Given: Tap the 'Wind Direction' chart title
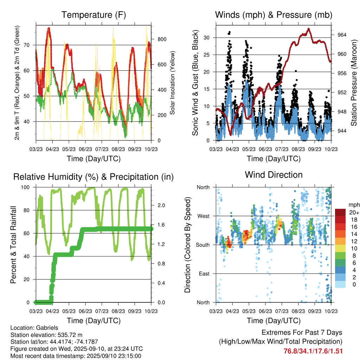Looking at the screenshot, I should [x=274, y=174].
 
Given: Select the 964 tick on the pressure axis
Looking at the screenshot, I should [x=342, y=35].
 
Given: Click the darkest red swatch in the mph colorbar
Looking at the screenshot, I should [x=340, y=212].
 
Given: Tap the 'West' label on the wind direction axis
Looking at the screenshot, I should [x=203, y=216].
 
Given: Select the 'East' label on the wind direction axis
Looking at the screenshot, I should [x=204, y=274].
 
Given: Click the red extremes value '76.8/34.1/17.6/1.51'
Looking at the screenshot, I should [x=313, y=351].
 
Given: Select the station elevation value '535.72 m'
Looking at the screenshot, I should [x=70, y=335].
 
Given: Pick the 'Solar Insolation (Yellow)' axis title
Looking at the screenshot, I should [x=173, y=83].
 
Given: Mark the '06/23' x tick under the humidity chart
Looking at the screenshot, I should [x=85, y=311].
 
